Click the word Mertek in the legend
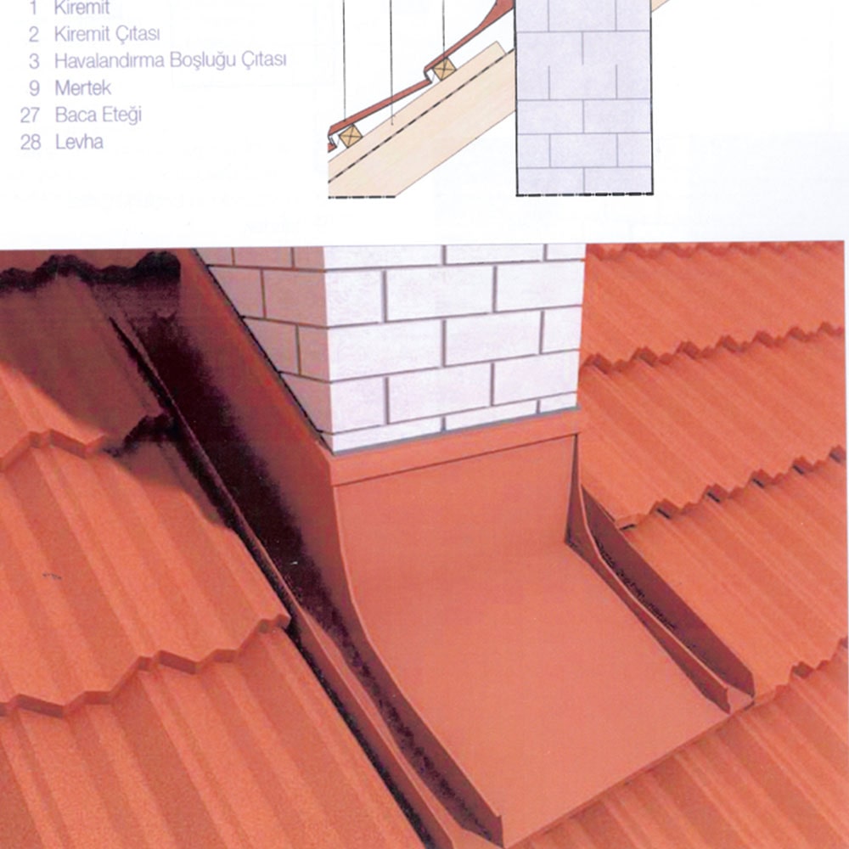pyautogui.click(x=83, y=87)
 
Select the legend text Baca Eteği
pyautogui.click(x=98, y=115)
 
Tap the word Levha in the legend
pyautogui.click(x=79, y=142)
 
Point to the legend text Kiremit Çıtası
pyautogui.click(x=107, y=34)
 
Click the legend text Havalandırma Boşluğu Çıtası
pyautogui.click(x=170, y=60)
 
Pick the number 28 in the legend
pyautogui.click(x=31, y=143)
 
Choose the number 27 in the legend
pyautogui.click(x=31, y=115)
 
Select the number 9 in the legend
pyautogui.click(x=34, y=88)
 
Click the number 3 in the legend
pyautogui.click(x=34, y=61)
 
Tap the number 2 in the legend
pyautogui.click(x=34, y=35)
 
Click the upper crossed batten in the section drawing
pyautogui.click(x=444, y=69)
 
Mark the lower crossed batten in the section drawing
pyautogui.click(x=350, y=136)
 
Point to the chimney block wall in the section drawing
pyautogui.click(x=584, y=97)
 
